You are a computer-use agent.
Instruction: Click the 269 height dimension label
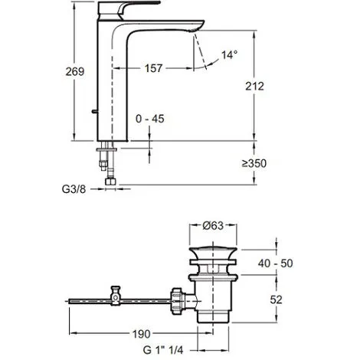(x=75, y=71)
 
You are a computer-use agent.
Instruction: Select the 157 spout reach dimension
(x=153, y=68)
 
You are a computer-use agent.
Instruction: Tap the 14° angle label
(x=229, y=54)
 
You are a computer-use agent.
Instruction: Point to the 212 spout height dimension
(x=254, y=87)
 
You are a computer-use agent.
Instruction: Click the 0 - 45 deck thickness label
(x=150, y=119)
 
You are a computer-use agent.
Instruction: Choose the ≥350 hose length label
(x=254, y=163)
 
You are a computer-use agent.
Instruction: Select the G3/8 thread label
(x=74, y=189)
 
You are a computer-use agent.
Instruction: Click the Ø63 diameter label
(x=213, y=225)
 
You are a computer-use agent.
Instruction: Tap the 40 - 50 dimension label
(x=275, y=263)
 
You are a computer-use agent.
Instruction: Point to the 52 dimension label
(x=276, y=299)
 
